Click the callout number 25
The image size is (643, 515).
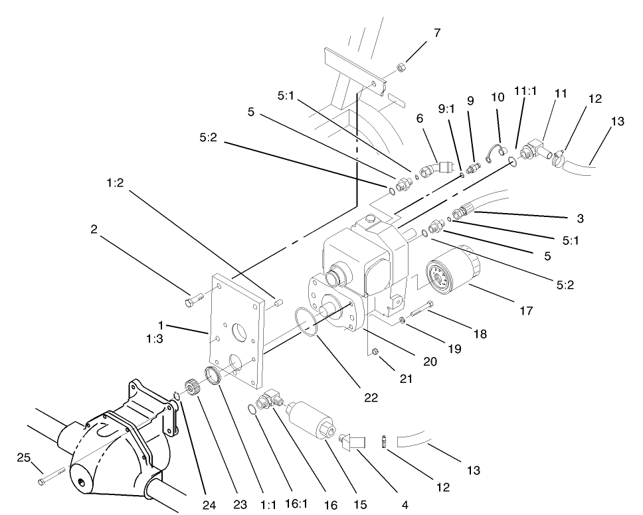[24, 457]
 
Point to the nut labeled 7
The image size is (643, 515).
[402, 66]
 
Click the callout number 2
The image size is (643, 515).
[94, 229]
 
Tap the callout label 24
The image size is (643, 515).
[209, 505]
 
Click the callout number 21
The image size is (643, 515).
[407, 379]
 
